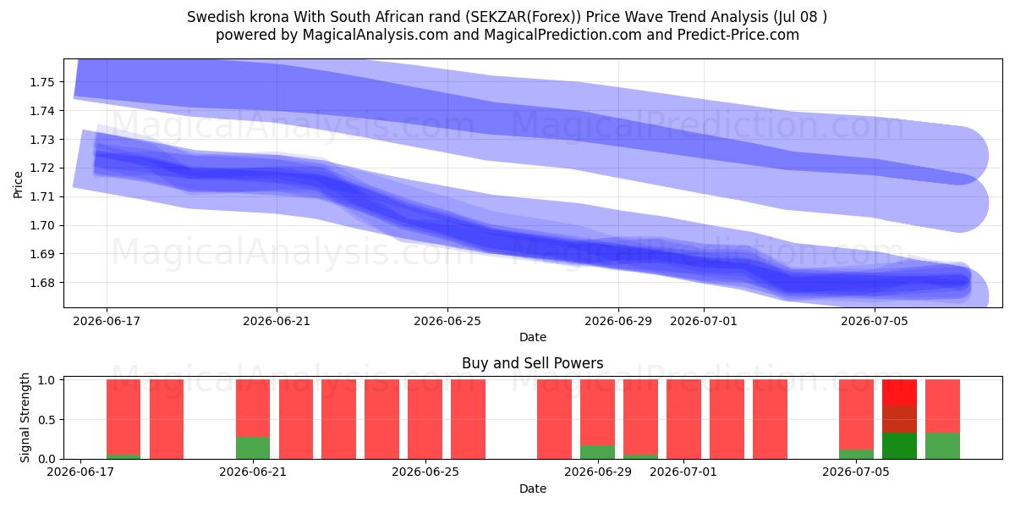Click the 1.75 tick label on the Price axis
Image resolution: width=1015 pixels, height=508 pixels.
41,82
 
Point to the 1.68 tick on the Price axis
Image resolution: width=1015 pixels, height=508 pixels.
41,283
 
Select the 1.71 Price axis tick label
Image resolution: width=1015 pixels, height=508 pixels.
41,196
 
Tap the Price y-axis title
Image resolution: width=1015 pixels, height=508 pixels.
18,185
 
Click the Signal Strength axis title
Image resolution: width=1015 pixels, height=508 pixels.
25,417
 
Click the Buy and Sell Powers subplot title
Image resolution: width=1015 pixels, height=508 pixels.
532,363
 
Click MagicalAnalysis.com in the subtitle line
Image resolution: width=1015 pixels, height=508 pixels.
376,35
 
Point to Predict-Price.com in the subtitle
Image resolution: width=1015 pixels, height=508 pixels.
738,35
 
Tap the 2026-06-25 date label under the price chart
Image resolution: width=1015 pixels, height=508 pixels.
447,322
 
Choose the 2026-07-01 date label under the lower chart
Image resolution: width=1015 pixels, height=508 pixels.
683,472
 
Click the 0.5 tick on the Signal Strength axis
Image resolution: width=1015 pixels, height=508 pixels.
47,420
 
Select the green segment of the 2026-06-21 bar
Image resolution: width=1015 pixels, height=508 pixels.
253,448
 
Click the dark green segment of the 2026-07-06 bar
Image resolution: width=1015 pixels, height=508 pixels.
899,446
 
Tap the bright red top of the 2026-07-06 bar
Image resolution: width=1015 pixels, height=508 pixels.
899,392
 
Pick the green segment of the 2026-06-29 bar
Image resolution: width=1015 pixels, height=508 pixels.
598,452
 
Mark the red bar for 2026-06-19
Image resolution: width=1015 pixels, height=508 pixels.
167,419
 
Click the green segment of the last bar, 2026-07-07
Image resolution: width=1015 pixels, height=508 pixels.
942,446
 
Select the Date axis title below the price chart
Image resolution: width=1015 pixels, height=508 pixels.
533,338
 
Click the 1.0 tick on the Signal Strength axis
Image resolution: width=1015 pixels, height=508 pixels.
47,380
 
